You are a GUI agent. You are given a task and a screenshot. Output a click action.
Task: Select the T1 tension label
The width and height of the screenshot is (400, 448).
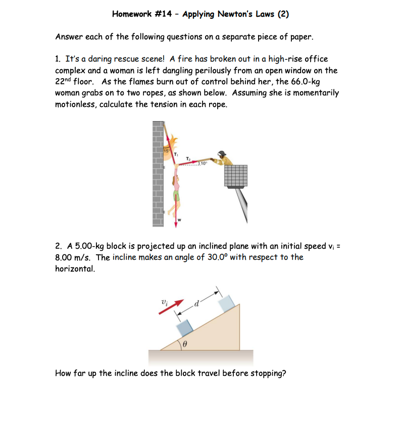[x=176, y=154]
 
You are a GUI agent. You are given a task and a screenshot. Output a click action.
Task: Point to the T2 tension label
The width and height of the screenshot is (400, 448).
[x=189, y=158]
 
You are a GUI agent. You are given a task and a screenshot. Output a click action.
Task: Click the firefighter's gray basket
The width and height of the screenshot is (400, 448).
[x=236, y=176]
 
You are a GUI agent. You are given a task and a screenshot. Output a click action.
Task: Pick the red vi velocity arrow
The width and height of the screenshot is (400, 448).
[x=170, y=306]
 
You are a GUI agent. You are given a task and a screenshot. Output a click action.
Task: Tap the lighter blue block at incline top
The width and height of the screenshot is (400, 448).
[x=227, y=303]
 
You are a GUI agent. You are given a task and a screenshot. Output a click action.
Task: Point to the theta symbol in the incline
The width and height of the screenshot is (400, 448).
[x=185, y=343]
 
